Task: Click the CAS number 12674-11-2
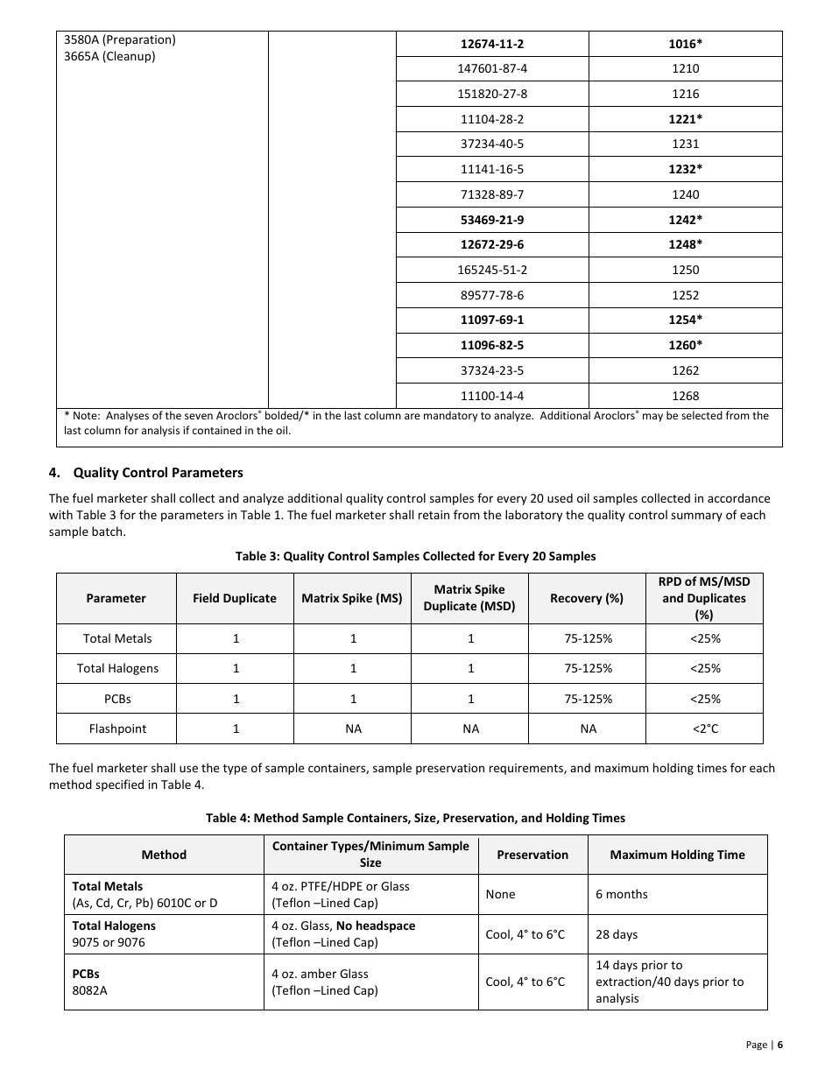point(492,44)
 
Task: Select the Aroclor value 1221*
point(686,119)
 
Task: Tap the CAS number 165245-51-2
point(492,270)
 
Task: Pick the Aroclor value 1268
point(686,396)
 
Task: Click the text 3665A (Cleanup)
point(109,57)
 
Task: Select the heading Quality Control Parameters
point(158,473)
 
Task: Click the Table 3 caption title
point(415,556)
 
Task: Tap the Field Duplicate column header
point(235,599)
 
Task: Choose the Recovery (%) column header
point(587,599)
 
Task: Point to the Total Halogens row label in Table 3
point(117,669)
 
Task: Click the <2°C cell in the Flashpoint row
point(705,729)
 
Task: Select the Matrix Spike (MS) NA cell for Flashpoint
point(352,729)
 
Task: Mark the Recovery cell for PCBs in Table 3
point(587,699)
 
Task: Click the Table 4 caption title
point(415,818)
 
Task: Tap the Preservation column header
point(532,855)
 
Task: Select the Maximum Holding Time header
point(677,855)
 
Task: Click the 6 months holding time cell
point(622,894)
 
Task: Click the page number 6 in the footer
point(779,1045)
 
